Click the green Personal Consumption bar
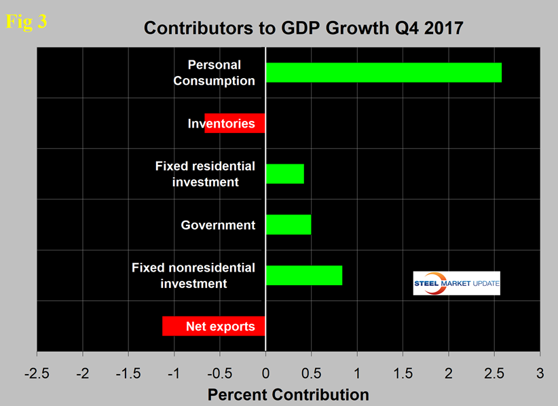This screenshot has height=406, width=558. pos(384,73)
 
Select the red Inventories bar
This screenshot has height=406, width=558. pos(234,124)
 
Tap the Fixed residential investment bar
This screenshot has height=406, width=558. pos(284,174)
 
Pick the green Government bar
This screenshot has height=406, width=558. pos(288,225)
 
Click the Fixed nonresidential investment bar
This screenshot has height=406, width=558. pos(303,275)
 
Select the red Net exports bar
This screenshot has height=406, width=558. pos(213,326)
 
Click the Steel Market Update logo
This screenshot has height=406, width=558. pos(456,282)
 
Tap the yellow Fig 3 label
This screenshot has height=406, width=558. pos(26,21)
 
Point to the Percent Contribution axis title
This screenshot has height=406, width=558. pos(288,394)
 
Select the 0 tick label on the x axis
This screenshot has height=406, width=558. pos(265,373)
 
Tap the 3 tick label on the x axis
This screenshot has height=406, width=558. pos(540,373)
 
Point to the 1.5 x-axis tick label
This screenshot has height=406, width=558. pos(403,373)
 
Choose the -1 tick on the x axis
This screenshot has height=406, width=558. pos(174,373)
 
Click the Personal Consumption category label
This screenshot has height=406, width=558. pos(214,73)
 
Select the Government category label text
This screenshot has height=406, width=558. pos(218,225)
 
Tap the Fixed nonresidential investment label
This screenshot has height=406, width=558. pos(193,275)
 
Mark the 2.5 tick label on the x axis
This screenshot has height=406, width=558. pos(494,373)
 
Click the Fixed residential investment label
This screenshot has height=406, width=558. pos(204,174)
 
